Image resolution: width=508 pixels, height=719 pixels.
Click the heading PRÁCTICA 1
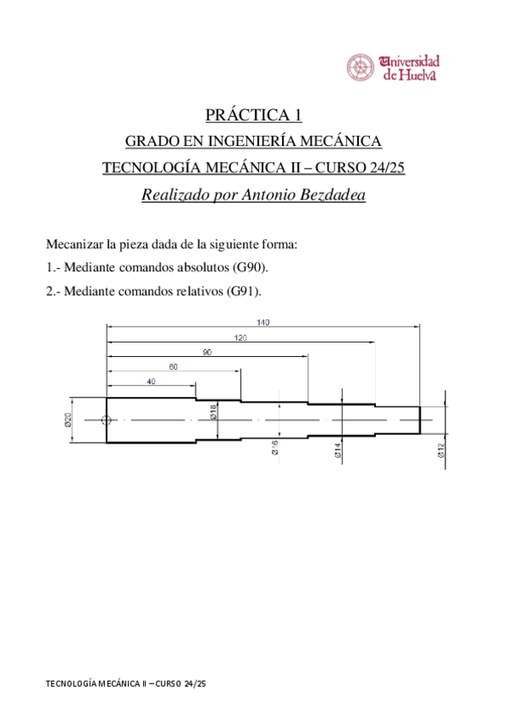click(x=254, y=114)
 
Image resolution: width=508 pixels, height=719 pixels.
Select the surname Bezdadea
click(x=332, y=194)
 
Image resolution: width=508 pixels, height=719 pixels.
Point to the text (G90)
click(x=250, y=269)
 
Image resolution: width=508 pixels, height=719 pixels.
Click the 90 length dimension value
click(x=207, y=352)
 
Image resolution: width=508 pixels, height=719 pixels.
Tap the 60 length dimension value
click(x=173, y=367)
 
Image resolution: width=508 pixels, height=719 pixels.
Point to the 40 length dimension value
click(x=151, y=382)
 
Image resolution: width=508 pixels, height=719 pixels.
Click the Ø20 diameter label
click(x=69, y=419)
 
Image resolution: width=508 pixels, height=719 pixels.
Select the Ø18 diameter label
click(x=213, y=413)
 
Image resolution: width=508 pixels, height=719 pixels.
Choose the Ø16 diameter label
click(x=276, y=449)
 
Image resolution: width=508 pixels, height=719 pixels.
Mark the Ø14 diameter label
click(x=337, y=450)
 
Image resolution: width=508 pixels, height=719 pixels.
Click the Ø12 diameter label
click(x=440, y=451)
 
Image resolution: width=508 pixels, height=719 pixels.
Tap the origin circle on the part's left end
click(x=106, y=420)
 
